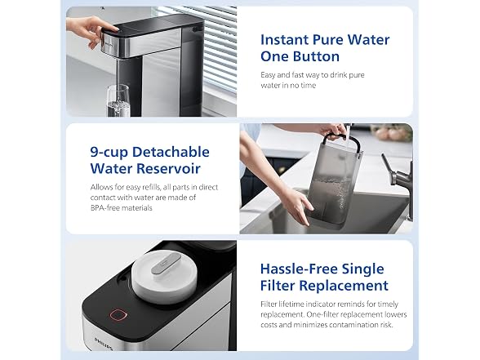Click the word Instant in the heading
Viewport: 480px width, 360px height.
[285, 40]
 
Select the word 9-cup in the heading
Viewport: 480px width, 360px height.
[109, 153]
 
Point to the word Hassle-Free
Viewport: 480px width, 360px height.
[299, 269]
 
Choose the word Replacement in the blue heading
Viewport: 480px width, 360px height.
[344, 286]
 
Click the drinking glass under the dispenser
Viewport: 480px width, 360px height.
[118, 100]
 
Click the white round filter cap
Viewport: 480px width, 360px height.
[164, 277]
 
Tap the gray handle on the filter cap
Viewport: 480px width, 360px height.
[166, 262]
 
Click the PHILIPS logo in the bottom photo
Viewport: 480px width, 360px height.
[104, 344]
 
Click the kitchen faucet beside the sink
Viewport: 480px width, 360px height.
[398, 184]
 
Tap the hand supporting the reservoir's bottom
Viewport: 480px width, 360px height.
[296, 204]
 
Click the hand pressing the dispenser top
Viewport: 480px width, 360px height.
[91, 31]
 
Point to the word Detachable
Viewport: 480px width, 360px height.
[171, 152]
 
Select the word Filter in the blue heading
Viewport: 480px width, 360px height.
[278, 286]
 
